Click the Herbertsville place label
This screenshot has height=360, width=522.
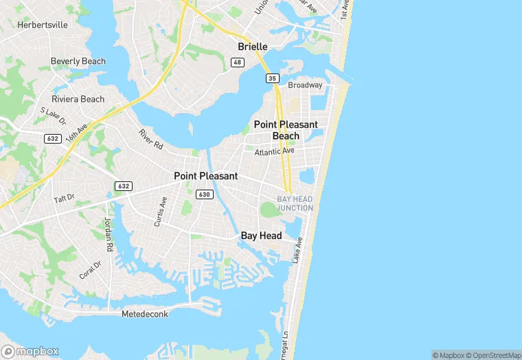tap(42, 24)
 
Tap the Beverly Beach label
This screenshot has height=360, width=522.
tap(78, 61)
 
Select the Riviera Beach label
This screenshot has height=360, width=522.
tap(78, 99)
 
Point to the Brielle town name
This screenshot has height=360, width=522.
tap(252, 47)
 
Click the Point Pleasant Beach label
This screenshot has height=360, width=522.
tap(286, 130)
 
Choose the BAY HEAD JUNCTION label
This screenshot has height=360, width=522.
tap(295, 203)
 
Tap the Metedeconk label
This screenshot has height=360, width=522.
tap(145, 314)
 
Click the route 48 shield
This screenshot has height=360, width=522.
tap(237, 63)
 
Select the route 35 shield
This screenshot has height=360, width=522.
tap(272, 78)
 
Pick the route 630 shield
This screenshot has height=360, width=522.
tap(204, 194)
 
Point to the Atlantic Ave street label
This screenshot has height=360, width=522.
tap(274, 151)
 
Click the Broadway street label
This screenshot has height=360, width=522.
tap(305, 85)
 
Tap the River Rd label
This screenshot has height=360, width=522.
tap(150, 139)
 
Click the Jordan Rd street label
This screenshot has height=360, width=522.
tap(108, 234)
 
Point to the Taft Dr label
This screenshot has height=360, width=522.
tap(64, 199)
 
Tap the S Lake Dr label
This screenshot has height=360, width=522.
tap(52, 115)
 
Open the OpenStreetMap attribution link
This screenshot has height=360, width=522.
tap(490, 355)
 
